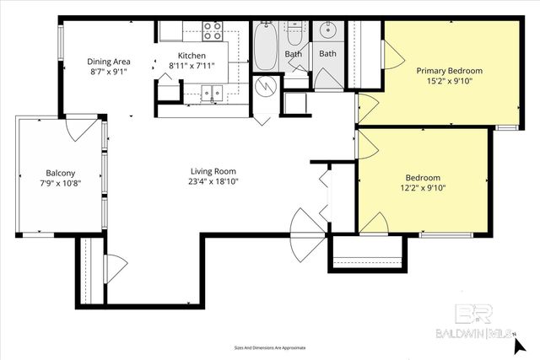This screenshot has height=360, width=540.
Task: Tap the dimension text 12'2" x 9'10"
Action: pos(423,189)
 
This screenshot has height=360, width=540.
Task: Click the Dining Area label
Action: pos(109,62)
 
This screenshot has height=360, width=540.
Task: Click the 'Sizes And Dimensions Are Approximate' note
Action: pos(270,347)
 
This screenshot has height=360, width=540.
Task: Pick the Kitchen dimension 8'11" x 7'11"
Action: pos(192,67)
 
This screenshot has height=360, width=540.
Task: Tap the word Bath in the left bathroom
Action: pos(293,54)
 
